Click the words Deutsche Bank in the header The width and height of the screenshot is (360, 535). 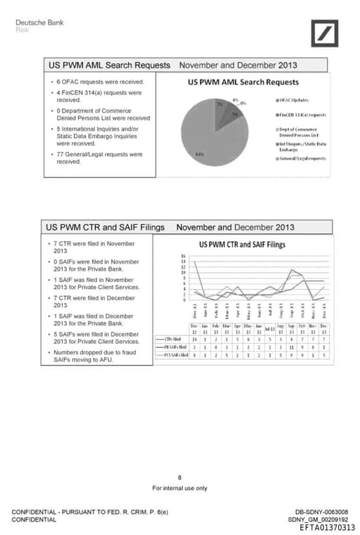tap(39, 22)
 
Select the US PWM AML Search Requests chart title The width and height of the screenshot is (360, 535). tap(243, 82)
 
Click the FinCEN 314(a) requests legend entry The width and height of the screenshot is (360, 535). tap(302, 115)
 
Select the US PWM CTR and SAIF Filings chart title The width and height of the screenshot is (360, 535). tap(242, 245)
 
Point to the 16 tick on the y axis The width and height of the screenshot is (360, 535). tap(184, 256)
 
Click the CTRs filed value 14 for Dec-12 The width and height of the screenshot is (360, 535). tap(194, 339)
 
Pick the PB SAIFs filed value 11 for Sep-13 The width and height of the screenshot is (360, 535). tap(291, 347)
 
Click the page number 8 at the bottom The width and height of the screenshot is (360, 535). tap(180, 477)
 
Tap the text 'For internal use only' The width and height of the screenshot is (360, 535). tap(180, 487)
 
